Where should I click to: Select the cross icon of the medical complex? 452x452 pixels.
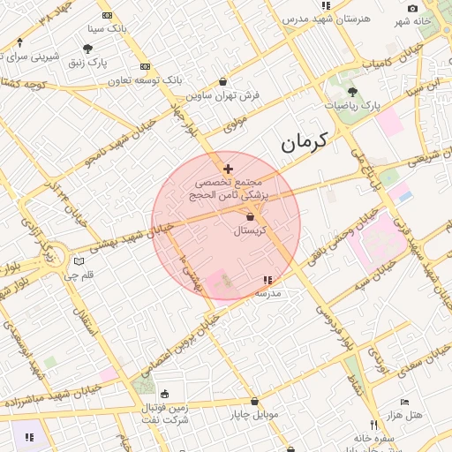(x=229, y=168)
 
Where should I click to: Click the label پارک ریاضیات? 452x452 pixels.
(x=352, y=105)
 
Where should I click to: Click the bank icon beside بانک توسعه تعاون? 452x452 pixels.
(x=146, y=66)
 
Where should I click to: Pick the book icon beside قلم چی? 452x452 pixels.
(x=80, y=261)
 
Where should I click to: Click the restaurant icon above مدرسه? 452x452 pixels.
(x=267, y=281)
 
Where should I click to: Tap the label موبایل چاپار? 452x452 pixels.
(x=254, y=413)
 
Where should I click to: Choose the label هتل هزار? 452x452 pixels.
(x=404, y=414)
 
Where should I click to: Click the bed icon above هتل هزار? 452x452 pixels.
(x=404, y=402)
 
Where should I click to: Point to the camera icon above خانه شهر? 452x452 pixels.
(x=413, y=8)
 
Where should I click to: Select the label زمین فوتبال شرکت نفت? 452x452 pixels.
(x=165, y=414)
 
